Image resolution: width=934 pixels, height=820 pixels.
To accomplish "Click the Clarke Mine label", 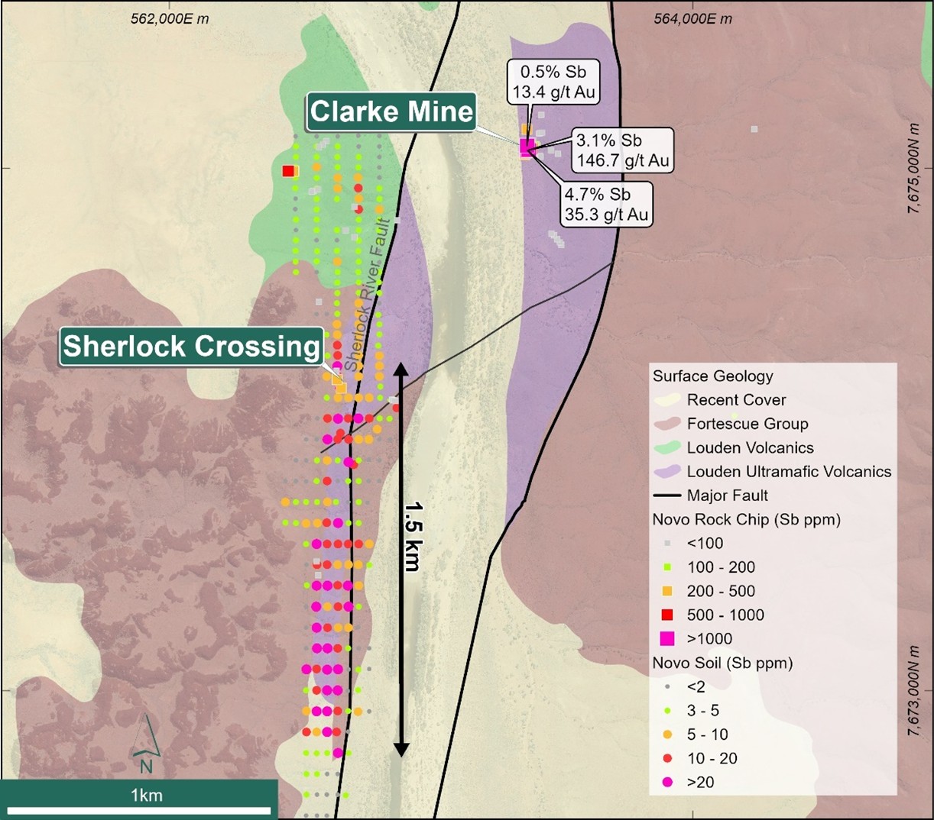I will point(391,111).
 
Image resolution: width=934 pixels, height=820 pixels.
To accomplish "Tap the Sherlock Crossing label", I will point(191,346).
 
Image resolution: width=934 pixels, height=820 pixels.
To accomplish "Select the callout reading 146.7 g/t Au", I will point(622,150).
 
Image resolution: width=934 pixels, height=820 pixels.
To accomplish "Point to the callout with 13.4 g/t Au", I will point(553,82).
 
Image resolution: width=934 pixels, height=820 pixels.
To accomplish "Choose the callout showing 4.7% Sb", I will point(606,204).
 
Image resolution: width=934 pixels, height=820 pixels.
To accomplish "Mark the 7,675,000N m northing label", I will point(913,169).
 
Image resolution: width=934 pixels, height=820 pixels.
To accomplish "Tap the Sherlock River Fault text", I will point(369,296).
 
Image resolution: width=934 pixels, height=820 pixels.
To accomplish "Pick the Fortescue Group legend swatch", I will point(669,424).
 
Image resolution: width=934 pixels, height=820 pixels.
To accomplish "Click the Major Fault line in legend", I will point(668,496).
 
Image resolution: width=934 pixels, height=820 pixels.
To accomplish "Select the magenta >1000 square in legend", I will point(667,638).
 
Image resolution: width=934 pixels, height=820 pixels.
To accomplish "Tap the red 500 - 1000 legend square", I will point(667,615).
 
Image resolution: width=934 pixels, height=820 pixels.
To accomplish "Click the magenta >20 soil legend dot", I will point(667,782).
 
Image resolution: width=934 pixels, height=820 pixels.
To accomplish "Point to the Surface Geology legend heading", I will point(712,376).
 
